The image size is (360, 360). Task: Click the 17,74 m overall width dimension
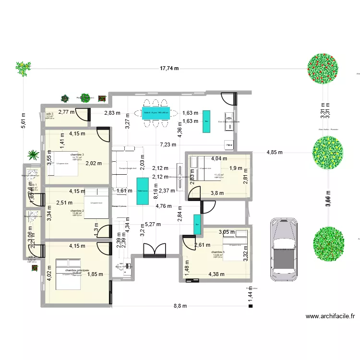(169, 68)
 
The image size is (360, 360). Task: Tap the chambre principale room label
(76, 271)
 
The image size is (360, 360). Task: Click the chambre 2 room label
(77, 211)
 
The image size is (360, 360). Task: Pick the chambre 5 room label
(217, 252)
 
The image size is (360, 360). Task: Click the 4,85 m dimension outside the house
(275, 153)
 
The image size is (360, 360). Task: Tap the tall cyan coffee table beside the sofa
(143, 192)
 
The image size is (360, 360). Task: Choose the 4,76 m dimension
(164, 207)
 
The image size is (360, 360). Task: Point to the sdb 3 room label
(50, 114)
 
